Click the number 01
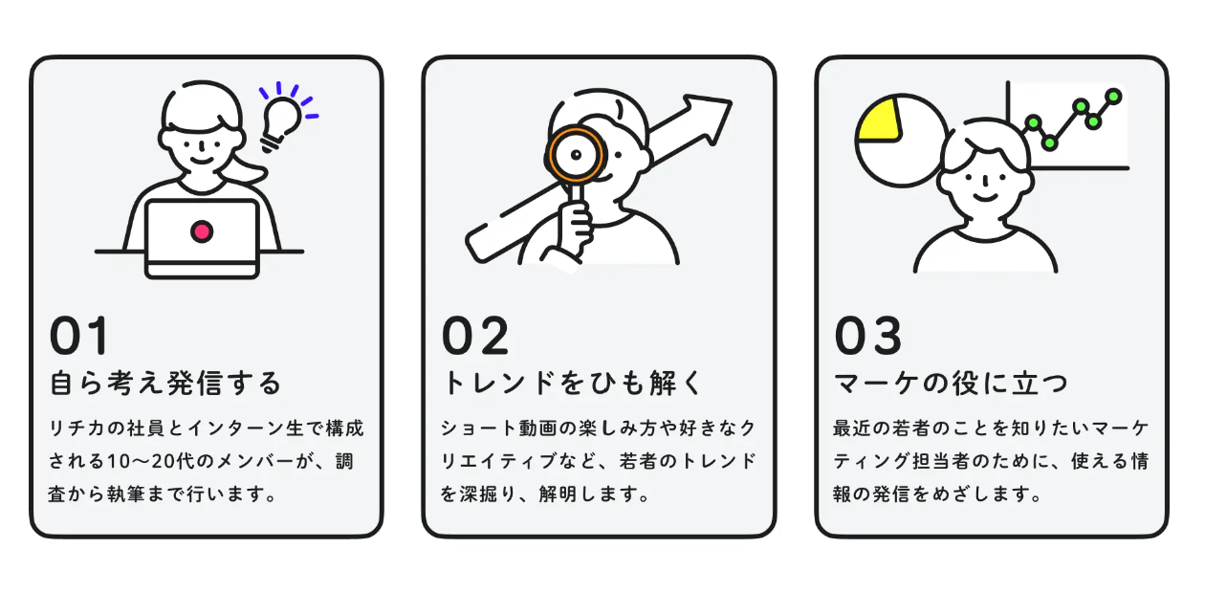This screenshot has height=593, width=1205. [x=80, y=337]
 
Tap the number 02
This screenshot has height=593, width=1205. [x=475, y=337]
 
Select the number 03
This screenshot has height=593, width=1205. [x=868, y=337]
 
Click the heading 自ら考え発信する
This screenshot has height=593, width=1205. [x=166, y=384]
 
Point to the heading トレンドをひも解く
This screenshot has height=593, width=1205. [x=572, y=384]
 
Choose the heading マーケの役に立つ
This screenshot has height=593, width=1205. [x=951, y=384]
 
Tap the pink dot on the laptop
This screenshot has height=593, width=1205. [x=202, y=231]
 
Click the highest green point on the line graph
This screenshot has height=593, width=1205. [x=1113, y=96]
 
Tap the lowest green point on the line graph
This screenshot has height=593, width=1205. [x=1049, y=143]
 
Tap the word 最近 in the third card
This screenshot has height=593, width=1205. [x=850, y=428]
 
